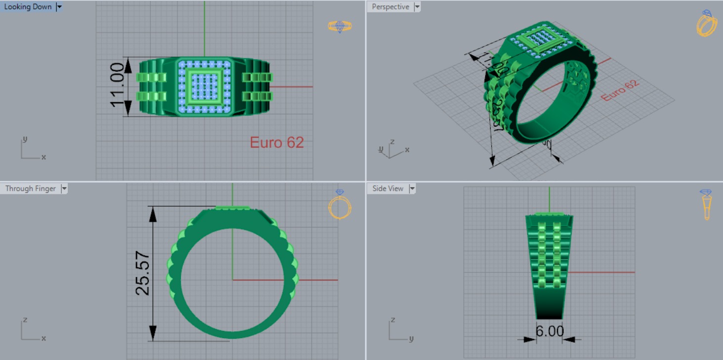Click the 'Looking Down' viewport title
28,7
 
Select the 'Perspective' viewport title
390,7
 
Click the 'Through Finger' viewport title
30,188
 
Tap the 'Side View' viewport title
388,188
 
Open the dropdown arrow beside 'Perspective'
417,7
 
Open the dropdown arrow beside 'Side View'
412,188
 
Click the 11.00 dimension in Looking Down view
117,85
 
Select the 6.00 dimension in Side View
549,331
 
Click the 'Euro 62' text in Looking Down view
276,143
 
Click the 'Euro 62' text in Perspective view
620,91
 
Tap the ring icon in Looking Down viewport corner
340,26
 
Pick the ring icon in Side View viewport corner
706,204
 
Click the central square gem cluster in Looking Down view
204,87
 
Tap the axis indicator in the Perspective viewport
392,148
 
